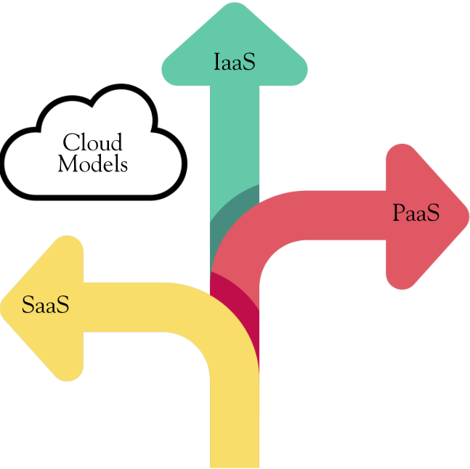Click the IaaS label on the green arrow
[x=235, y=62]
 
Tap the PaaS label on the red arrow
[x=416, y=213]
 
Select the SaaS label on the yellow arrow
[x=45, y=305]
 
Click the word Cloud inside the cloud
[x=92, y=142]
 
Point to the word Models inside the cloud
[x=92, y=164]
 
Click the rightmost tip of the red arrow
[x=467, y=216]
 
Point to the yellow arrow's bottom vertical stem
[x=234, y=428]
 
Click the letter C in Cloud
[x=71, y=142]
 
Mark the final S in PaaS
[x=433, y=213]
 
